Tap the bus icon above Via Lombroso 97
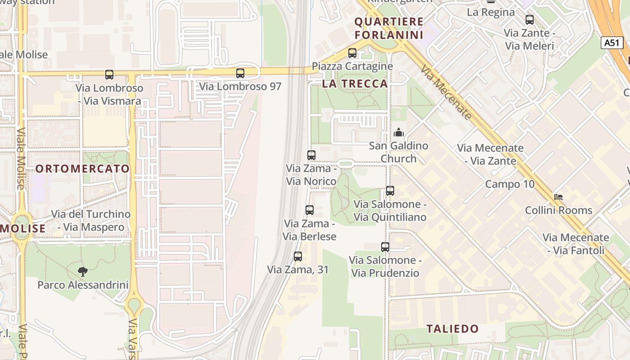tap(240, 73)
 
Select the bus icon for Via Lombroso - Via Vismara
tap(109, 75)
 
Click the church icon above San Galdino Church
tap(399, 132)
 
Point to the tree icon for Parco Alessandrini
tap(82, 271)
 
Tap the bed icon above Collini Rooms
tap(558, 197)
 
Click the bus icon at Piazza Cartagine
tap(352, 53)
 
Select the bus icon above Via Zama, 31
tap(298, 256)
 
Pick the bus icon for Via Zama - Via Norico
tap(311, 155)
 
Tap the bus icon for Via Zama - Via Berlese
tap(310, 210)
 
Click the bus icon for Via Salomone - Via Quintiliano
tap(390, 191)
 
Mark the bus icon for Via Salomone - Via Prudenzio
tap(385, 247)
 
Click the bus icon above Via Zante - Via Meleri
tap(530, 20)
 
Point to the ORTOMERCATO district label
tap(82, 169)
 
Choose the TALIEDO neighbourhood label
tap(453, 328)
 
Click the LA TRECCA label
tap(355, 84)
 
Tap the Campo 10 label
tap(510, 184)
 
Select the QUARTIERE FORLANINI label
tap(389, 28)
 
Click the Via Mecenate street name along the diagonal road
tap(446, 93)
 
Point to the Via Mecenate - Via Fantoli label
tap(576, 244)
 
